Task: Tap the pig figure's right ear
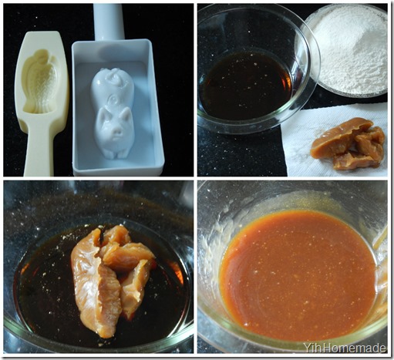pyautogui.click(x=126, y=115)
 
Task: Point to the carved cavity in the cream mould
pyautogui.click(x=39, y=82)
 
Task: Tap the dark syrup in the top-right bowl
pyautogui.click(x=246, y=86)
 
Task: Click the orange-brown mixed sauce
pyautogui.click(x=298, y=275)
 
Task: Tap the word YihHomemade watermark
pyautogui.click(x=345, y=348)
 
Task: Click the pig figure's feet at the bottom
pyautogui.click(x=113, y=154)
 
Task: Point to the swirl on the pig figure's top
pyautogui.click(x=114, y=76)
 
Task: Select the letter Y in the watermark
pyautogui.click(x=307, y=348)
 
